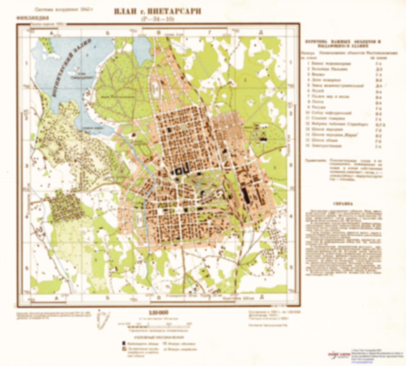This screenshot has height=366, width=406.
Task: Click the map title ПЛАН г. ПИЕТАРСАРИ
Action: [157, 12]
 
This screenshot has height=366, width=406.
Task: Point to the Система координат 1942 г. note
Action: [63, 9]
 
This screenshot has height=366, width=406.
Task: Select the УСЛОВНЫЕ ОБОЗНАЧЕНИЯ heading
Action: [159, 337]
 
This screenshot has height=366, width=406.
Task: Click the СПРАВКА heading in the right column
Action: [343, 204]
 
